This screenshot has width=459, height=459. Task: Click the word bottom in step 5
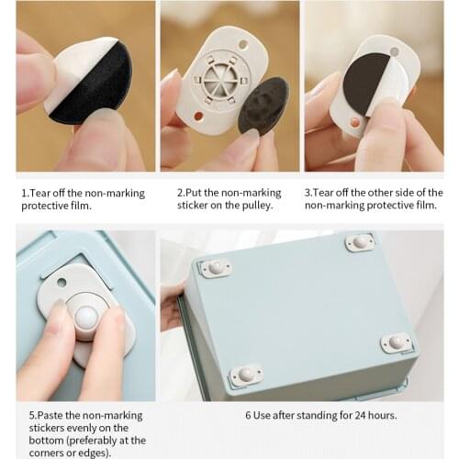tap(36, 441)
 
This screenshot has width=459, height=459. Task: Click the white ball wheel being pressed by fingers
tap(87, 320)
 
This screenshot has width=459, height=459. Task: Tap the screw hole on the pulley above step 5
tap(61, 282)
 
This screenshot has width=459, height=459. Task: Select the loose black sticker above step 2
tap(264, 104)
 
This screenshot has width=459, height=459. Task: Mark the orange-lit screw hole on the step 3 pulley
tap(356, 121)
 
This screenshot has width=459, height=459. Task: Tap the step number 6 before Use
tap(248, 415)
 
